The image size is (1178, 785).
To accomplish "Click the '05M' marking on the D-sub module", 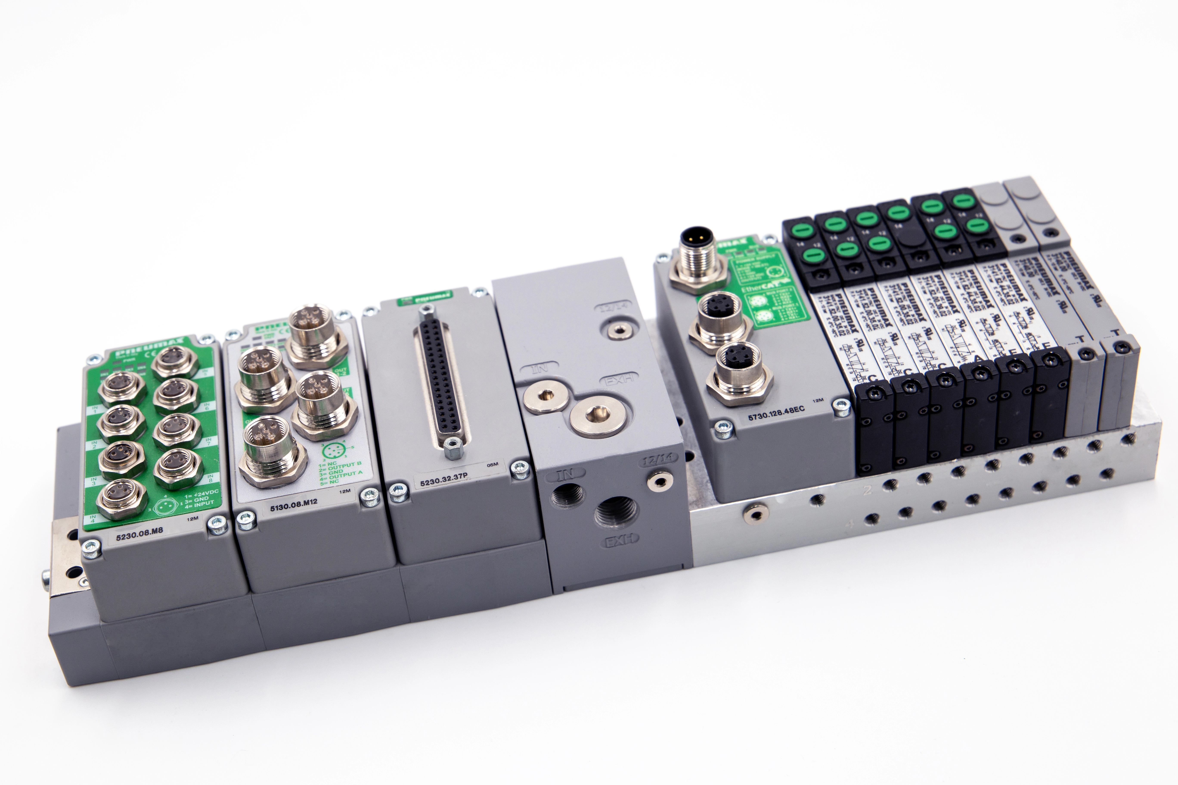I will coord(492,465).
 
